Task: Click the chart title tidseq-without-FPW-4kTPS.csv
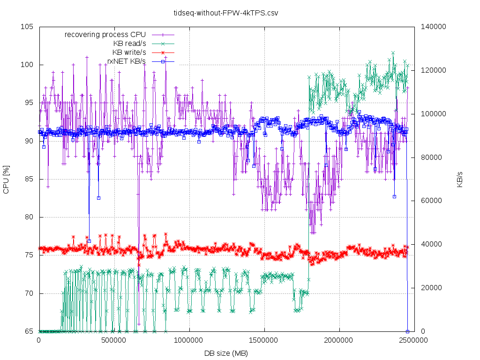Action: point(225,13)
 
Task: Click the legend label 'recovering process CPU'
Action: point(105,34)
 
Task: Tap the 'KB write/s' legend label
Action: point(129,52)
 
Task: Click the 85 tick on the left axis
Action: point(29,179)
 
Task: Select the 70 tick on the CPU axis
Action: point(29,293)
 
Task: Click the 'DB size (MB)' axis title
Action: point(226,353)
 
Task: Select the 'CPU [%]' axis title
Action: point(6,179)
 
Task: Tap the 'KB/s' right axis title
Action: point(460,179)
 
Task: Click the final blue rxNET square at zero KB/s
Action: point(407,331)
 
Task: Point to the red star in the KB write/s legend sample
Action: point(162,52)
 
